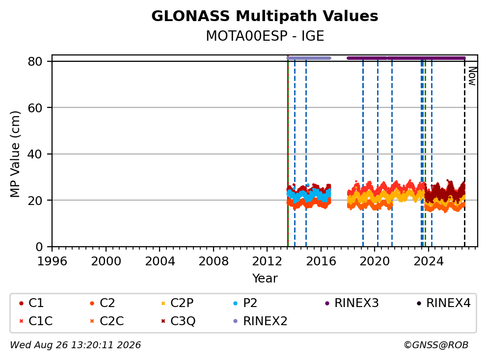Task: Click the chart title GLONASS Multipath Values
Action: tap(265, 16)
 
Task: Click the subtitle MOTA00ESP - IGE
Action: tap(265, 36)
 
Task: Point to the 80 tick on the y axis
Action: tap(35, 61)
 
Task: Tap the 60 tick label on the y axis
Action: tap(35, 108)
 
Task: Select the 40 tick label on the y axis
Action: tap(35, 154)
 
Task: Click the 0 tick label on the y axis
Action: tap(39, 247)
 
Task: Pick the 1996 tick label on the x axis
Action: tap(52, 261)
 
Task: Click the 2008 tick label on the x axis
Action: tap(214, 261)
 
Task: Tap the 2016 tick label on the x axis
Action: tap(321, 261)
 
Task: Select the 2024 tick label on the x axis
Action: tap(428, 261)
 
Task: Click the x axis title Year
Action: tap(265, 279)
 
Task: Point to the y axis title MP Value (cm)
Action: tap(15, 154)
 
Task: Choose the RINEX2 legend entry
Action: tap(260, 321)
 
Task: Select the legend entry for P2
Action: tap(245, 303)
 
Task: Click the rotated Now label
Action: tap(472, 76)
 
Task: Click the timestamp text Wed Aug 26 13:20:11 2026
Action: tap(76, 345)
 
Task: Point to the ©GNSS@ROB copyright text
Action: tap(436, 345)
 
